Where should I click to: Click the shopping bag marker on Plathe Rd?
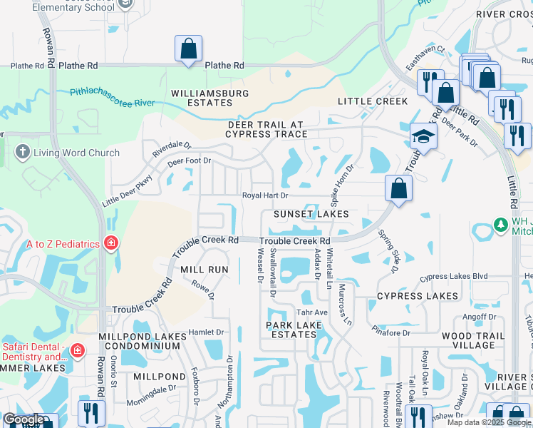[189, 49]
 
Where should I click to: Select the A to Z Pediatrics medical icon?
[110, 244]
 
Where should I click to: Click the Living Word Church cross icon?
[22, 153]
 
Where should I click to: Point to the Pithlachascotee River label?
[113, 97]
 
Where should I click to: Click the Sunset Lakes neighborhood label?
[312, 214]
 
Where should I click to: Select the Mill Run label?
[205, 270]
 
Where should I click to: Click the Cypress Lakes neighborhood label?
[418, 296]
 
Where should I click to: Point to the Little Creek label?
[373, 101]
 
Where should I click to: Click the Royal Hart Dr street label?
[265, 195]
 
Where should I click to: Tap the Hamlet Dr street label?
[206, 332]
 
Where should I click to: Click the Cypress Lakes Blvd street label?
[454, 276]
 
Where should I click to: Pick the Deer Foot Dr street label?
[190, 161]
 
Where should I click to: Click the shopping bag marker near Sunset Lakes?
[398, 189]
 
